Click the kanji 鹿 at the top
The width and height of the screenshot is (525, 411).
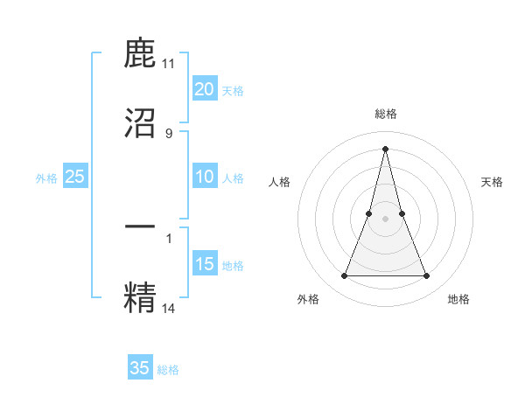(x=141, y=55)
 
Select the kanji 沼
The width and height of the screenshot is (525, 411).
(x=141, y=122)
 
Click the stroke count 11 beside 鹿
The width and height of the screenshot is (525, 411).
(x=169, y=64)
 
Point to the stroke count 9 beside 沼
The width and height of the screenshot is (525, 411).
(x=169, y=133)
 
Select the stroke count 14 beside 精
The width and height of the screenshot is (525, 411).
(x=169, y=308)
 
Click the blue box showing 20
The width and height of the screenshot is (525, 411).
(x=204, y=89)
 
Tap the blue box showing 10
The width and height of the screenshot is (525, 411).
(x=204, y=177)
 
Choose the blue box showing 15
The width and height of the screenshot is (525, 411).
(x=204, y=264)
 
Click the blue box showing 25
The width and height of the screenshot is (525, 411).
(x=74, y=177)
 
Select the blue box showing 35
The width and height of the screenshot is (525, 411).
(x=140, y=368)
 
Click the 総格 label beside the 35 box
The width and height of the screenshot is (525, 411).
(x=168, y=370)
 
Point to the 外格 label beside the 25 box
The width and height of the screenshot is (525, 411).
(x=46, y=178)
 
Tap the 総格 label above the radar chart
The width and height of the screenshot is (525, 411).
(x=385, y=114)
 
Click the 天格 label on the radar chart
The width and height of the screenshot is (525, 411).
(x=492, y=182)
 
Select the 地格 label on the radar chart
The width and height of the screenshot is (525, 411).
(x=458, y=299)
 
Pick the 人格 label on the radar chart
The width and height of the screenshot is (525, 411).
(x=279, y=182)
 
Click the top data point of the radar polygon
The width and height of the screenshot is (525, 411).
(x=385, y=149)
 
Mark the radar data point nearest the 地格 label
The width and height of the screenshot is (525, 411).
(x=426, y=276)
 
